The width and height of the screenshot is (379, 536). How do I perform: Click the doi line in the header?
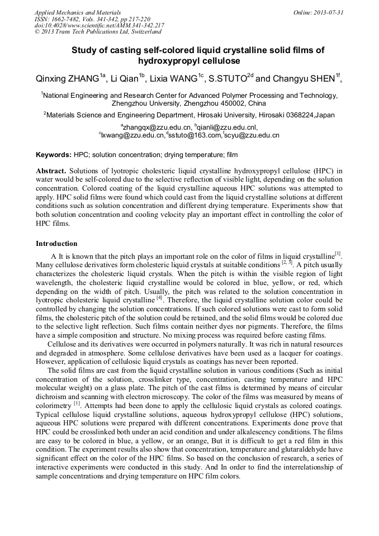[x=99, y=25]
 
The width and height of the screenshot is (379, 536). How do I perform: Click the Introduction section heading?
[x=56, y=244]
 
